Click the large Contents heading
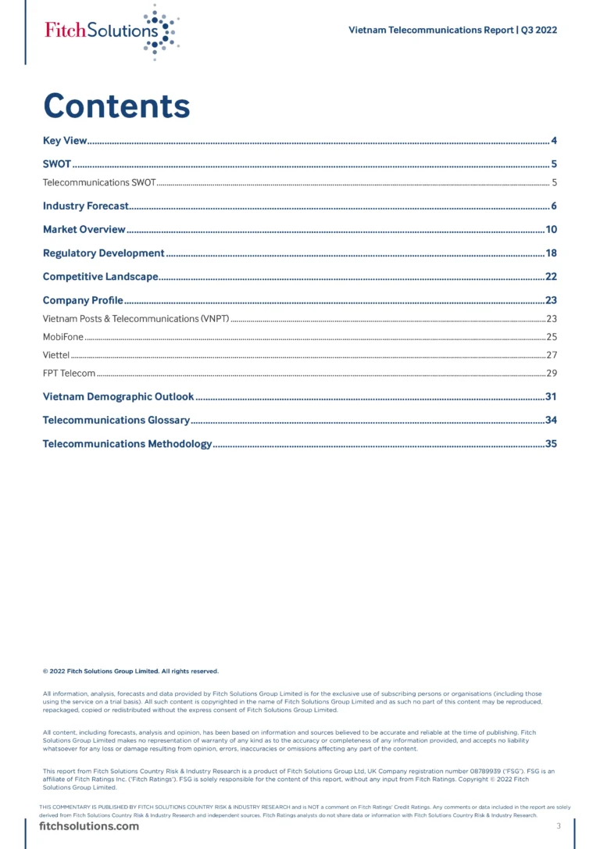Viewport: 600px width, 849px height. [116, 106]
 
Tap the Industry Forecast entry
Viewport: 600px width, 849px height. [85, 206]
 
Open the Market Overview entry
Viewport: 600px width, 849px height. [84, 230]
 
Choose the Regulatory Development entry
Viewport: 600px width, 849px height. [103, 253]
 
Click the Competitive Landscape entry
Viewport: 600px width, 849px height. [100, 277]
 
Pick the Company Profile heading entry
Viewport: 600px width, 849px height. [83, 300]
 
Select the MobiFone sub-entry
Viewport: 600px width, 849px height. [62, 337]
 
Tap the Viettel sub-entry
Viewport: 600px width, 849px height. [56, 355]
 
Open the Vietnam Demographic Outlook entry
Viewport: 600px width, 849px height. [118, 397]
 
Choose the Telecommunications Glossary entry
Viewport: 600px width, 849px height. [116, 421]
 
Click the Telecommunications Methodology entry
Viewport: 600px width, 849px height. [127, 444]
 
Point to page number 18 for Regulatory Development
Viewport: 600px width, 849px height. [550, 253]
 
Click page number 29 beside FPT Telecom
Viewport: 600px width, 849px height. [551, 373]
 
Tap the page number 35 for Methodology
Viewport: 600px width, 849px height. [550, 444]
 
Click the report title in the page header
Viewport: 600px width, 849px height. [452, 30]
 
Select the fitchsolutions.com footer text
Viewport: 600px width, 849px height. [89, 826]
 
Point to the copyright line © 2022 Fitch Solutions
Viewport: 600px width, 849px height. [130, 671]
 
